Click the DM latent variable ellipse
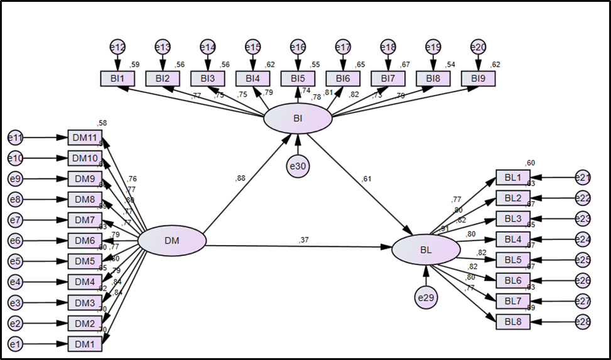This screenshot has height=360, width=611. pos(172,241)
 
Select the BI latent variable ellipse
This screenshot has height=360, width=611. pos(298,117)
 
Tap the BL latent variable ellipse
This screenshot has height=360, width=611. pos(426,249)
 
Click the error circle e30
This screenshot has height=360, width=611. pos(298,165)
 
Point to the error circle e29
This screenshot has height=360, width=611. pos(426,297)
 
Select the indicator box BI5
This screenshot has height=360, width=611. pos(298,79)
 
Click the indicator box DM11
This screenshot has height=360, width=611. pos(84,138)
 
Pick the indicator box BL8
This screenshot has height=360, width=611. pos(512,321)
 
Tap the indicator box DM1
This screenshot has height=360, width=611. pos(84,344)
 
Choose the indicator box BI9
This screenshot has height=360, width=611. pos(478,79)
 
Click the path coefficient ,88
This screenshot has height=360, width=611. pos(241,178)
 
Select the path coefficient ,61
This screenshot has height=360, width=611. pos(367,180)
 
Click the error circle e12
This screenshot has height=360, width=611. pos(117,47)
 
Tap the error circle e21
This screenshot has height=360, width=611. pos(583,178)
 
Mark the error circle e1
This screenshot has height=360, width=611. pos(15,344)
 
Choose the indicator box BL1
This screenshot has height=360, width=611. pos(512,178)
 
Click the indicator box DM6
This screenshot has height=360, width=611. pos(84,241)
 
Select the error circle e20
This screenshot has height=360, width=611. pos(478,47)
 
